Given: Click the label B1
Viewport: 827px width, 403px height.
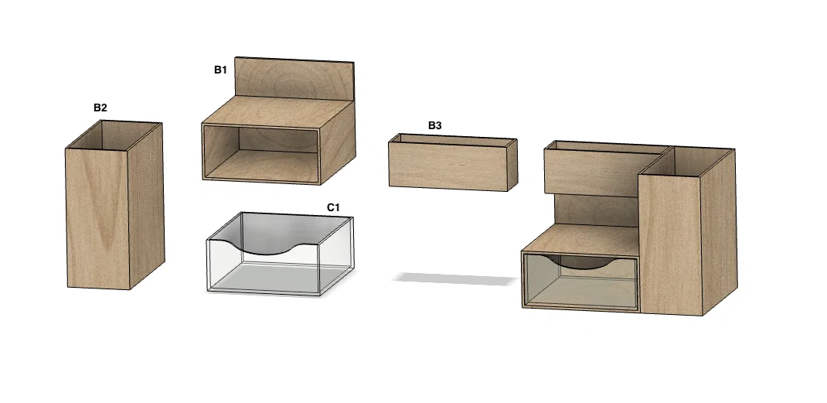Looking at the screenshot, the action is [220, 70].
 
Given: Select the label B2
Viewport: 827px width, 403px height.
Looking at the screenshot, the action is [100, 108].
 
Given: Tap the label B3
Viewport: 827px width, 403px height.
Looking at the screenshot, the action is [434, 126].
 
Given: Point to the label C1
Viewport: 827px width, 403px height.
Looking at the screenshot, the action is [333, 207].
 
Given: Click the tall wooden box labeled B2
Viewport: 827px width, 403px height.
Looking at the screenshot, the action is [114, 205].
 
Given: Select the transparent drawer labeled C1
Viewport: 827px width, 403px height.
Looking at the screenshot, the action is [280, 254].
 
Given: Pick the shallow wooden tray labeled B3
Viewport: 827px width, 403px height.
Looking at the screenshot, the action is [453, 162].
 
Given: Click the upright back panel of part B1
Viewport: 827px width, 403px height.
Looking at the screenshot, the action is [294, 78].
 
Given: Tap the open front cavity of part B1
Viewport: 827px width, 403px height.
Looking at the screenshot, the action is [261, 154].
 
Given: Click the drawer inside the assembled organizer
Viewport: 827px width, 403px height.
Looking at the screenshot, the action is [580, 282].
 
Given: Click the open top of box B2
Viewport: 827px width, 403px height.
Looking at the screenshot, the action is [114, 135].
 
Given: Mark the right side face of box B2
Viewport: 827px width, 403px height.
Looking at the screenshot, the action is [146, 206].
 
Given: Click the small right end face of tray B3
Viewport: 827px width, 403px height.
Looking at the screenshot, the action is [512, 165].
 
